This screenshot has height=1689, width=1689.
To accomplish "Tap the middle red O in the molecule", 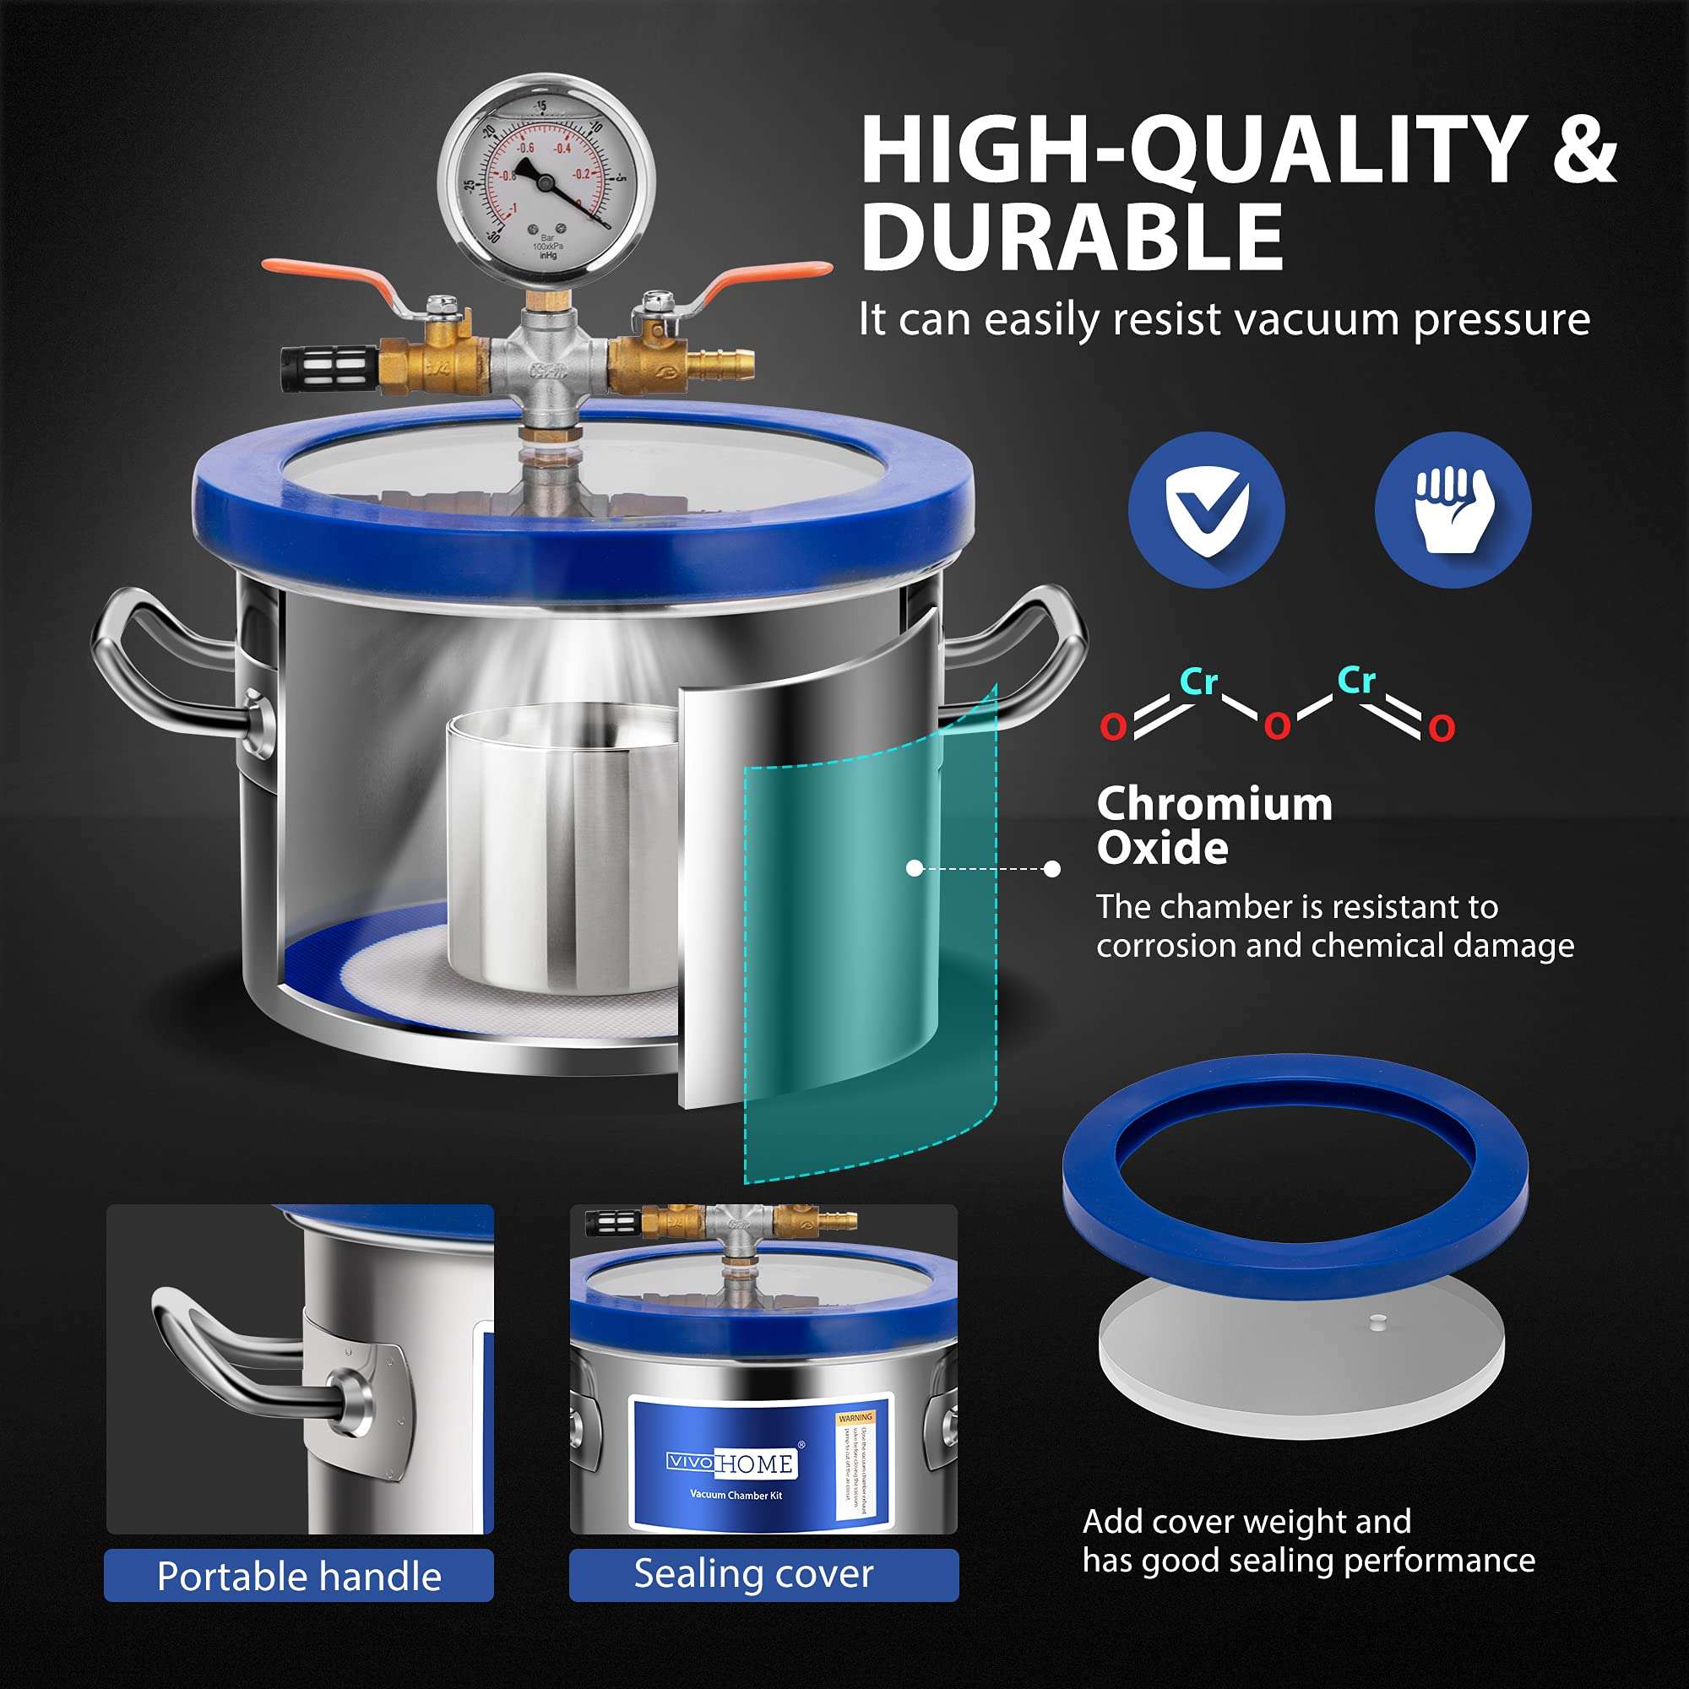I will [x=1277, y=725].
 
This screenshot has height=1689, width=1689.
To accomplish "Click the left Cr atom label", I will [x=1198, y=681].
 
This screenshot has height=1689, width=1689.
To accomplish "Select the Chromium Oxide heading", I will [x=1214, y=825].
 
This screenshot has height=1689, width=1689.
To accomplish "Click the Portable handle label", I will [x=299, y=1575].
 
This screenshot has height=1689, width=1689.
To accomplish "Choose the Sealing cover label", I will [x=753, y=1573].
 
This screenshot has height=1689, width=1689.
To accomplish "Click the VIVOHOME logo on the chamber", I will [x=730, y=1463].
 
